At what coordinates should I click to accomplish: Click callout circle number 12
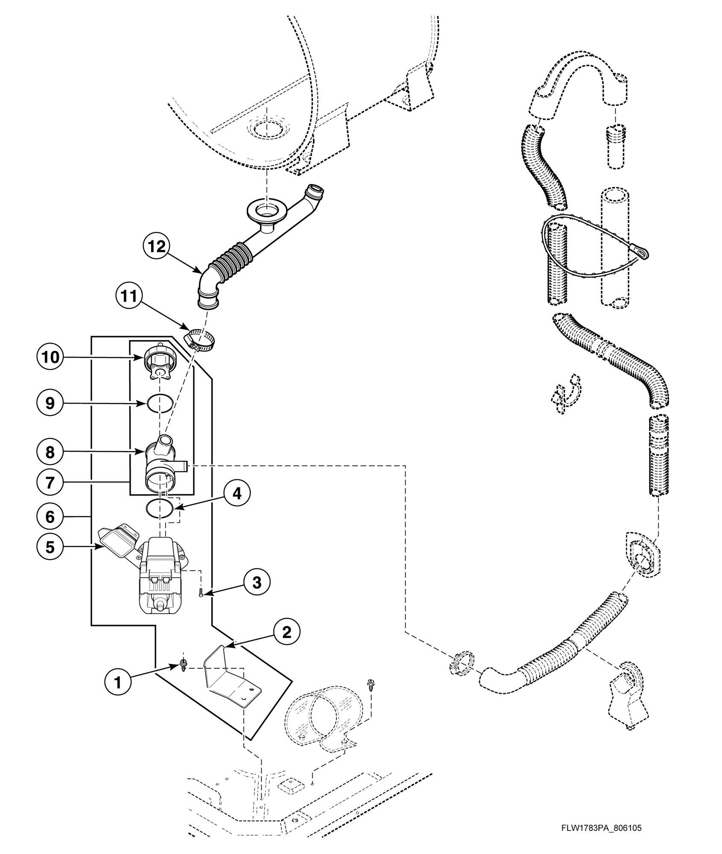[x=157, y=246]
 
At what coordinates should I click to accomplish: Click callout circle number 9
[x=50, y=403]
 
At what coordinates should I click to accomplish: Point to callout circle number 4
[x=236, y=494]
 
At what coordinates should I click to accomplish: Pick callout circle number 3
[x=257, y=582]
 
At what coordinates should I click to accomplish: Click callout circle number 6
[x=50, y=517]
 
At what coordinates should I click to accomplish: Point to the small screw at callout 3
[x=201, y=593]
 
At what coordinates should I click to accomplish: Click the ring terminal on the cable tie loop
[x=642, y=254]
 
